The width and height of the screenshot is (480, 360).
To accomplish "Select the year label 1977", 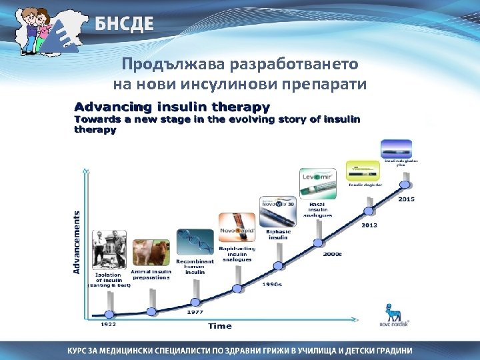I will [x=195, y=311].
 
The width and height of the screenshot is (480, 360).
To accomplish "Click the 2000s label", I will [x=333, y=254].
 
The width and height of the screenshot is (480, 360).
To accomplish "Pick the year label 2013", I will [x=369, y=225].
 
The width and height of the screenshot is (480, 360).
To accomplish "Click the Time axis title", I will [x=220, y=326].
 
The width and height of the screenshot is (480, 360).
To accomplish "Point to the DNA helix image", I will [x=195, y=241].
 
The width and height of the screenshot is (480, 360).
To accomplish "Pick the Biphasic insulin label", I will [x=278, y=234].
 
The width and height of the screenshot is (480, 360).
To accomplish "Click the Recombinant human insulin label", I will [x=195, y=267].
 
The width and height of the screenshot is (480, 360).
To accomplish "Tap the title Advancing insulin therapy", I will [x=172, y=107].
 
